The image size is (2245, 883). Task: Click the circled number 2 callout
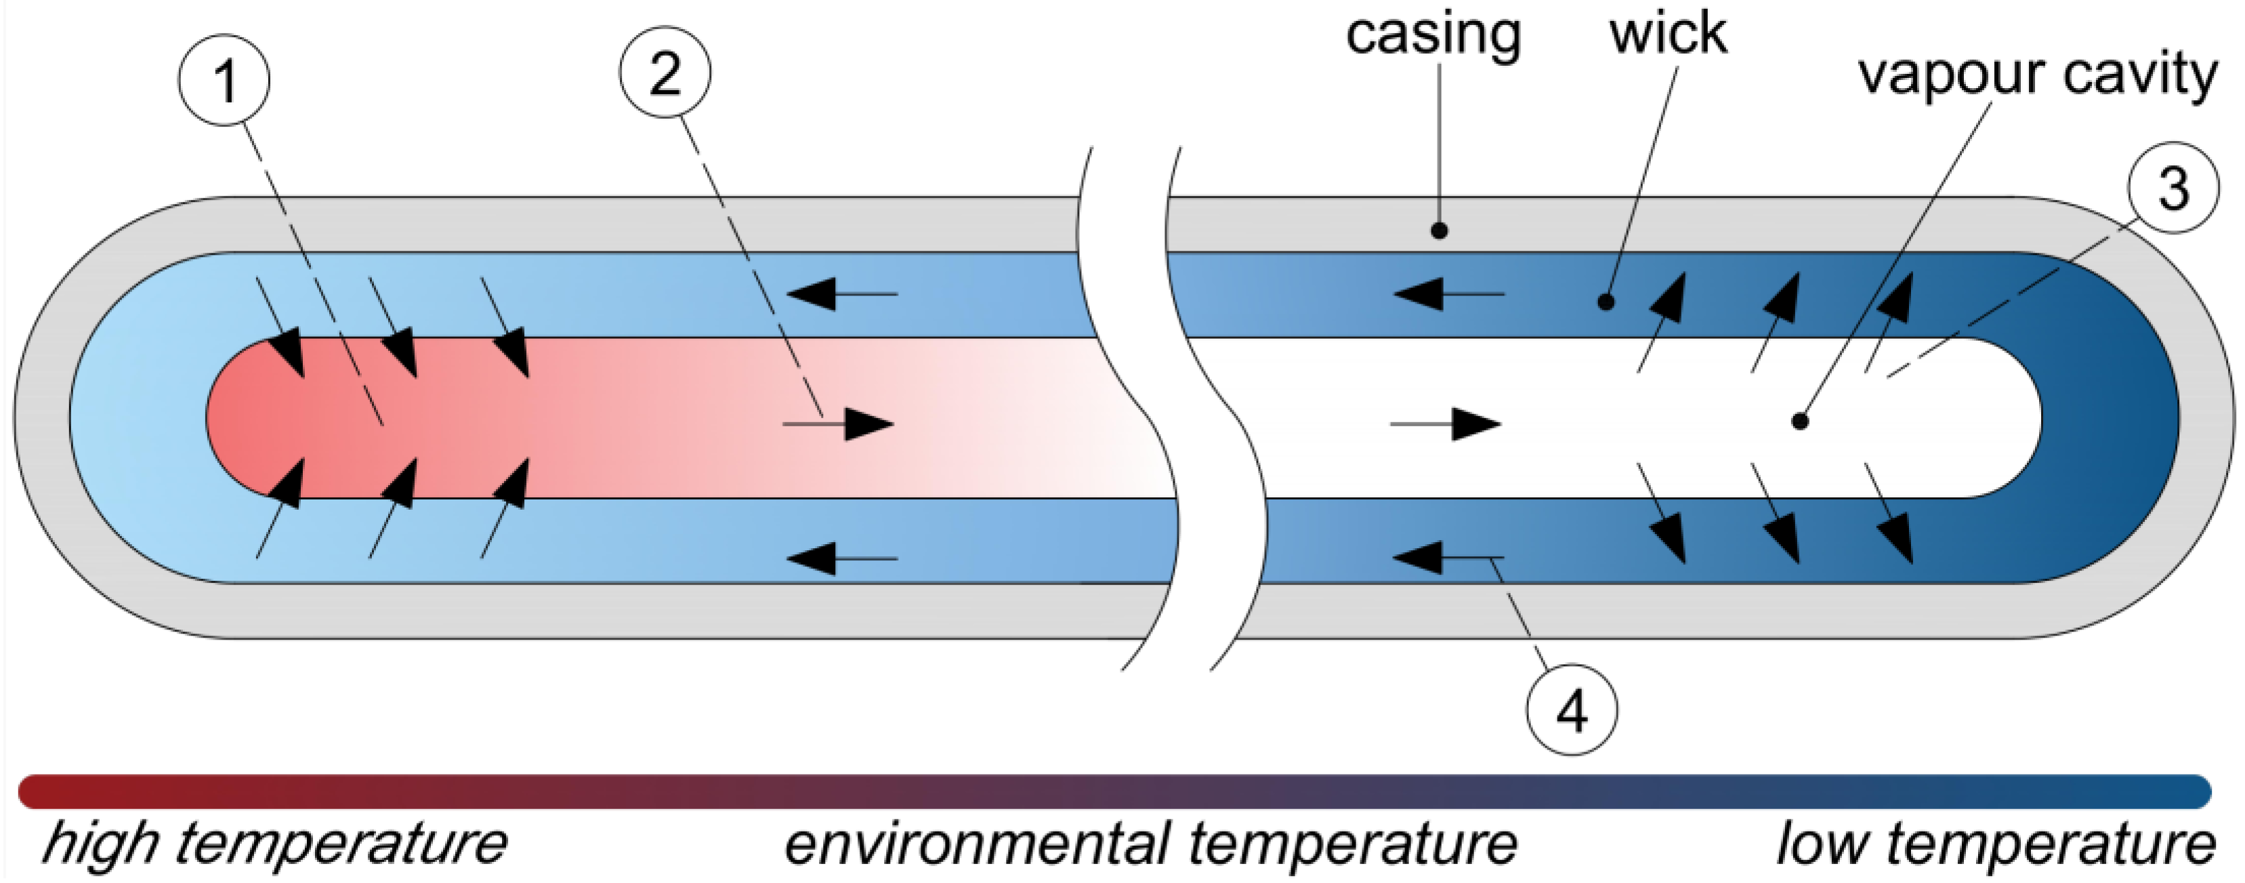coord(665,73)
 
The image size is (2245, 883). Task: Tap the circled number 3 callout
coord(2172,188)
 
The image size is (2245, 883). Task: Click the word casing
coord(1433,35)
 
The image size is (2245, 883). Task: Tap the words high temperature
coord(274,843)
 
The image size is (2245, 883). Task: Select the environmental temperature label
coord(1150,843)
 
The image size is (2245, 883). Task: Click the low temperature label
coord(1996,843)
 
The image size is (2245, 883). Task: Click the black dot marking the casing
coord(1440,231)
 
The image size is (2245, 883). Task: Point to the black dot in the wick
coord(1606,302)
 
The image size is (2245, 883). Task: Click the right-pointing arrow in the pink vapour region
coord(841,424)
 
